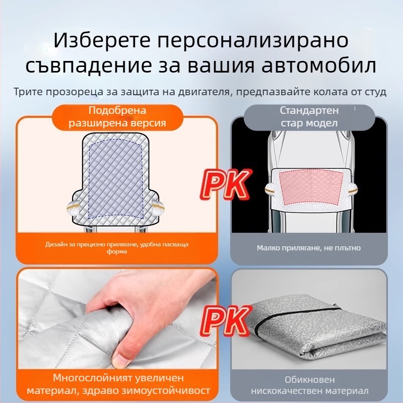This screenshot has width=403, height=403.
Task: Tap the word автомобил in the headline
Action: click(x=319, y=65)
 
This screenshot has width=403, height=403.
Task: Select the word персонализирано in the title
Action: click(x=253, y=41)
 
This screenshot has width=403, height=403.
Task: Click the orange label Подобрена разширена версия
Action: click(x=117, y=117)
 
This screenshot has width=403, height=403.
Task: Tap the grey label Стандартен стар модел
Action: click(x=309, y=117)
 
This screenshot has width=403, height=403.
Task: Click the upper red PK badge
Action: click(x=224, y=184)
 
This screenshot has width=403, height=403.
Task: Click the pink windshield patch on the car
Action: click(x=311, y=188)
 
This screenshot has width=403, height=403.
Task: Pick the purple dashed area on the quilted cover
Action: click(x=115, y=179)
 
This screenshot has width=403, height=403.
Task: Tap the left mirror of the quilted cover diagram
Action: click(x=73, y=207)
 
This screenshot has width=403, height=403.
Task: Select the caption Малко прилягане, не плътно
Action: click(x=309, y=248)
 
